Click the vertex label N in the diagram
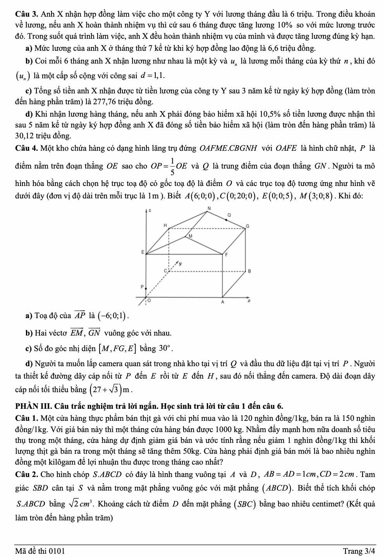[210, 208]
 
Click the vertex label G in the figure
[248, 226]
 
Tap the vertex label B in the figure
[250, 271]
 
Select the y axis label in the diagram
[179, 263]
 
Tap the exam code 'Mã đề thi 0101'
[40, 551]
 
